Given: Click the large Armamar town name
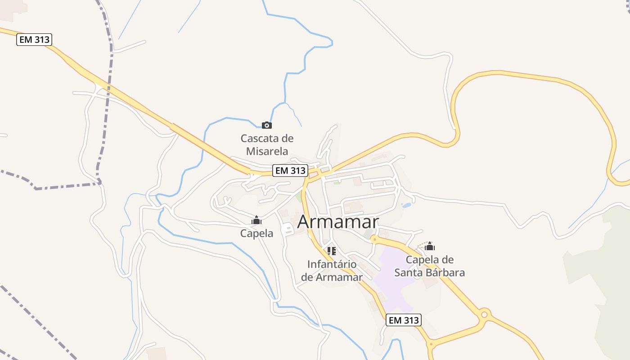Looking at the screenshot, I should [338, 221].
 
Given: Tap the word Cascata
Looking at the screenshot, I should [261, 138].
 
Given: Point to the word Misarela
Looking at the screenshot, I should [267, 151].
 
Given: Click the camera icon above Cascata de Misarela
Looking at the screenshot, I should [267, 125].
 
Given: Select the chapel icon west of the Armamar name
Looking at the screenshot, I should [256, 220].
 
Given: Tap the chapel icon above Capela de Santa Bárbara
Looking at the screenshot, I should [430, 246].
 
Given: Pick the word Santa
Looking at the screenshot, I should [409, 273].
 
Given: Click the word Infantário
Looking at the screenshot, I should [332, 264].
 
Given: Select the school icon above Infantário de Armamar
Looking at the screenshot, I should [332, 251].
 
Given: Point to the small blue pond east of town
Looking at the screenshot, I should [406, 205].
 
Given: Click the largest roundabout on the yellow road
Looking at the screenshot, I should [484, 314].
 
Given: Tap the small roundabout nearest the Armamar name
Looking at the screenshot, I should [374, 239].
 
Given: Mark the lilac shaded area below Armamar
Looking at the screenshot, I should [391, 274].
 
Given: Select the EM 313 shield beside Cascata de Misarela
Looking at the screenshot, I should [290, 171].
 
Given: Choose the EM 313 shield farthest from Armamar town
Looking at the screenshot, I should [35, 40].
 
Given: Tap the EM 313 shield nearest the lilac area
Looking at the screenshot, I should [404, 320].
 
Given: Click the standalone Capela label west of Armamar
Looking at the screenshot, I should [256, 233].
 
